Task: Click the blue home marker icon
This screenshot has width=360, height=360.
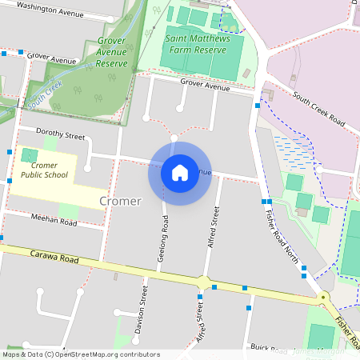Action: pyautogui.click(x=180, y=172)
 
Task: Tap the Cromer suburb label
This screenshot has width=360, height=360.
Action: pyautogui.click(x=121, y=201)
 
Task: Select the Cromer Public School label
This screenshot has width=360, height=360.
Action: pyautogui.click(x=44, y=170)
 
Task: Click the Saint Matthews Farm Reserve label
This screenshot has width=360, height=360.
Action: pyautogui.click(x=196, y=44)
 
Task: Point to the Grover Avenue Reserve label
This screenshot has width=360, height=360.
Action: pyautogui.click(x=112, y=52)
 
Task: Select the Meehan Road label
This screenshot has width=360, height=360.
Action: pyautogui.click(x=54, y=222)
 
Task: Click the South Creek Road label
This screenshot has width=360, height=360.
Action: pyautogui.click(x=318, y=110)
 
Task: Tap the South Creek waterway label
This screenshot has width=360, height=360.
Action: pyautogui.click(x=43, y=99)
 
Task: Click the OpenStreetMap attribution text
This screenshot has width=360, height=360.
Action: pyautogui.click(x=80, y=354)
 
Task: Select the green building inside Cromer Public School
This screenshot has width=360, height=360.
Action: pyautogui.click(x=30, y=154)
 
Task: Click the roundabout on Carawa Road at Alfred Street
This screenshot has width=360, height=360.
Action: pyautogui.click(x=204, y=283)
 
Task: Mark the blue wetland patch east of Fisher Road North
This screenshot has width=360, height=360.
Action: pyautogui.click(x=295, y=150)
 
